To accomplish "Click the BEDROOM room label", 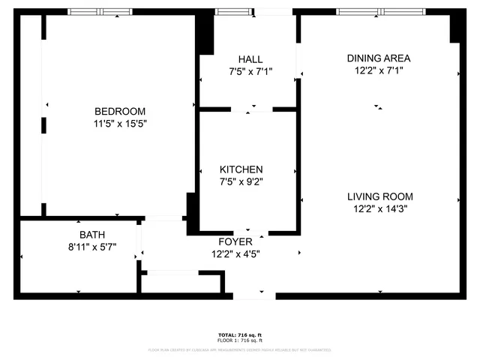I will tap(120, 111).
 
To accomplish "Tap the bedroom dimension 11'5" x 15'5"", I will tap(120, 124).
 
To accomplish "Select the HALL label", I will tap(250, 59).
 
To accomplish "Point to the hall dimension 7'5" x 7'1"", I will tap(250, 72).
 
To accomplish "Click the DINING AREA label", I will tap(379, 58).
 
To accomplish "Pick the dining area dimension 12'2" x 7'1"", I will tap(379, 71).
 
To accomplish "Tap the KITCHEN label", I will tap(241, 169).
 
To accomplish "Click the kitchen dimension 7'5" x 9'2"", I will tap(241, 181).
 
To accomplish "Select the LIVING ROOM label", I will tap(379, 196).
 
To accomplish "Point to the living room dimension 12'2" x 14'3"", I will tap(379, 209).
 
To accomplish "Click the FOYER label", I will tap(235, 241).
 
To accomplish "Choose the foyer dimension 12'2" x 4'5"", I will tap(235, 254).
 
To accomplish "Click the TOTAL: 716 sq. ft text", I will tap(240, 334).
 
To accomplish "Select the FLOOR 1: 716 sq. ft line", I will tap(240, 340).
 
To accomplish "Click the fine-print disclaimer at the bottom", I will tap(240, 349).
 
